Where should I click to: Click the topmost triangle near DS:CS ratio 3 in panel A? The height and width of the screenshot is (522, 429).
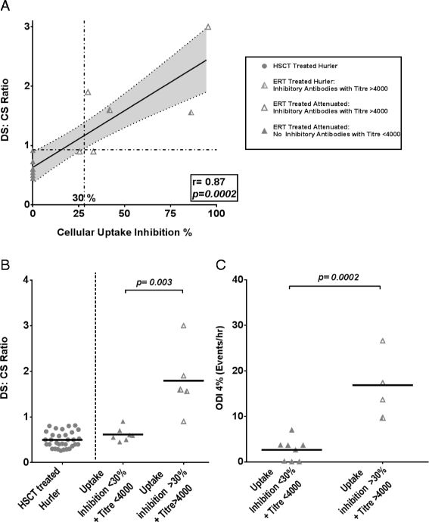[x=208, y=27]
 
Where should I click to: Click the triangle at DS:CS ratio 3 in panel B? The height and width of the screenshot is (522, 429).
[x=182, y=326]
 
